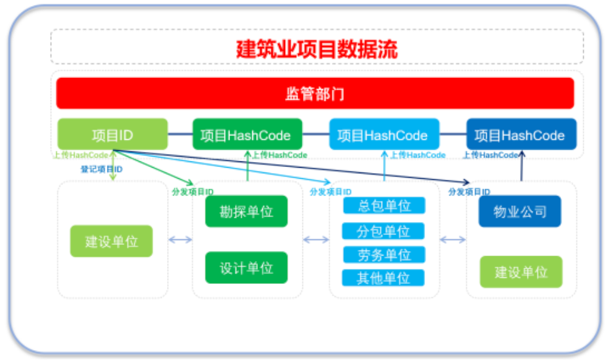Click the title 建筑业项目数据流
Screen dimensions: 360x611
(x=317, y=48)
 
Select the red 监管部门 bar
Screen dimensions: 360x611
(x=315, y=93)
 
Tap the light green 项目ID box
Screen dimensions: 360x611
(x=113, y=134)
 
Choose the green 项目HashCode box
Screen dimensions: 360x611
(x=247, y=135)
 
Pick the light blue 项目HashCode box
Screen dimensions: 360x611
(x=384, y=135)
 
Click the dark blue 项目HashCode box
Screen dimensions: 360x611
(x=521, y=135)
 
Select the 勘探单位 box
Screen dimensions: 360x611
(x=246, y=212)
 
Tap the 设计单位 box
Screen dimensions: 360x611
(x=246, y=268)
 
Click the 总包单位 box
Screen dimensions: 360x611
(x=384, y=205)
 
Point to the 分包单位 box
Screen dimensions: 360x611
(x=384, y=231)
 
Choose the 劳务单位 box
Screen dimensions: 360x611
(x=384, y=254)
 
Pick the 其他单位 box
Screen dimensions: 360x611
(x=384, y=278)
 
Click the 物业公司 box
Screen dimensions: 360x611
(x=520, y=212)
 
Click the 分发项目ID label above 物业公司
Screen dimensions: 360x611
(x=469, y=192)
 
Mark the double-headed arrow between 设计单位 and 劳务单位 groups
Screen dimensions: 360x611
(x=316, y=240)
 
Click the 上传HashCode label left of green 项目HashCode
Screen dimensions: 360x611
(x=80, y=155)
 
